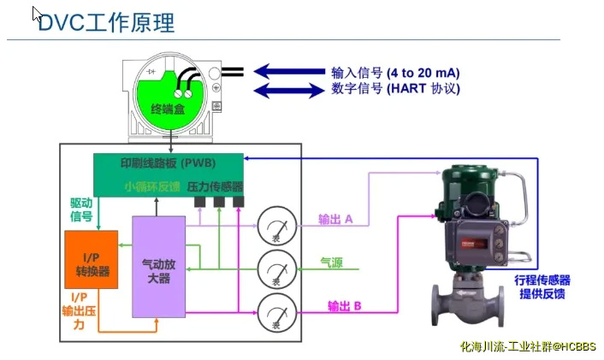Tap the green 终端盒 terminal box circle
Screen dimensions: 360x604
[169, 101]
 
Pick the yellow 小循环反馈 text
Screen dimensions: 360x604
[151, 186]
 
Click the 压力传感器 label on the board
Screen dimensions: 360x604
[216, 186]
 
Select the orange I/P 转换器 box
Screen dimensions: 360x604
[92, 266]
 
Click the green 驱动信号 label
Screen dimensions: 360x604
[80, 210]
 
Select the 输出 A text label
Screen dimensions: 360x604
[335, 219]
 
